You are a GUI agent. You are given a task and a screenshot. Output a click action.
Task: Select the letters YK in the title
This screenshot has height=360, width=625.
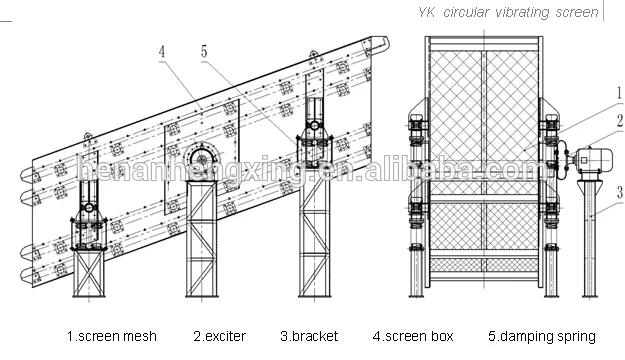pyautogui.click(x=431, y=13)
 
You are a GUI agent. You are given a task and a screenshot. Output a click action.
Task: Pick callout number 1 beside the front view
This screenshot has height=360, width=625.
pyautogui.click(x=618, y=92)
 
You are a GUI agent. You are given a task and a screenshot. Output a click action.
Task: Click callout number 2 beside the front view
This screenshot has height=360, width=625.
pyautogui.click(x=618, y=121)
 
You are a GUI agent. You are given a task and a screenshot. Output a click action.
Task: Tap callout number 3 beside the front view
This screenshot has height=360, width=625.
pyautogui.click(x=618, y=191)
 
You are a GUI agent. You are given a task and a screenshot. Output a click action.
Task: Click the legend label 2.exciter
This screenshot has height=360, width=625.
pyautogui.click(x=219, y=336)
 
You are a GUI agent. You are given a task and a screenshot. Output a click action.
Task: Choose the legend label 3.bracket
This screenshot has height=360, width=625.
pyautogui.click(x=309, y=336)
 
